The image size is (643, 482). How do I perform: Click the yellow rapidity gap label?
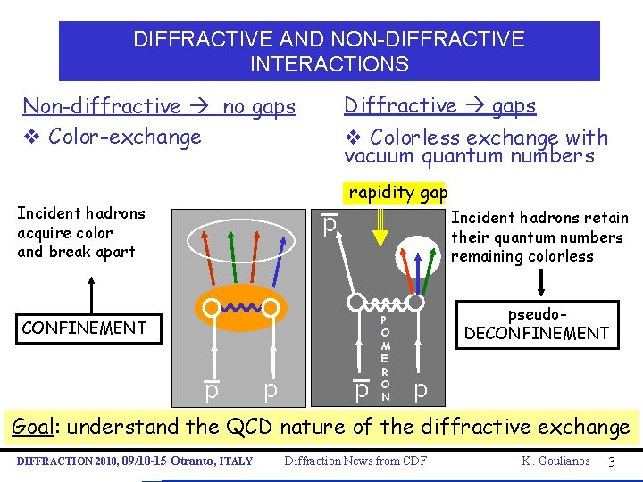pyautogui.click(x=397, y=193)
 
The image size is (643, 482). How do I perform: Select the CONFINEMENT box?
pyautogui.click(x=84, y=328)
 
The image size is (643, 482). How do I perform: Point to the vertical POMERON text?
pyautogui.click(x=384, y=357)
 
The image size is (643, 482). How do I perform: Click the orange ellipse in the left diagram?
pyautogui.click(x=240, y=307)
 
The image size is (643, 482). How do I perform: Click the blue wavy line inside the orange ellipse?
pyautogui.click(x=240, y=308)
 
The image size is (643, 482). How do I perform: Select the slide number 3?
pyautogui.click(x=610, y=461)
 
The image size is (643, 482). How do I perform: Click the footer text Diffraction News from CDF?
pyautogui.click(x=355, y=461)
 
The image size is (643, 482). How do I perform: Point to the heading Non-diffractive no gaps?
pyautogui.click(x=158, y=107)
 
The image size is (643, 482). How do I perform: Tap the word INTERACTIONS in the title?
pyautogui.click(x=329, y=64)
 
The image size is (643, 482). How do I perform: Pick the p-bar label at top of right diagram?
pyautogui.click(x=330, y=226)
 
